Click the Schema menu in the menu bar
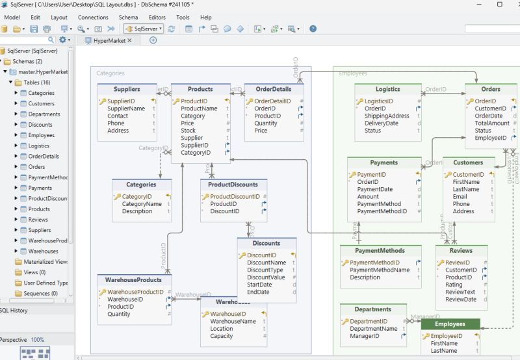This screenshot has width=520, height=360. [x=128, y=17]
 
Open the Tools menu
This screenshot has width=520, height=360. [x=183, y=17]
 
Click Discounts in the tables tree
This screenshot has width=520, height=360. [x=40, y=125]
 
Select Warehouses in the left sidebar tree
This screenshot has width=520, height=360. [x=43, y=251]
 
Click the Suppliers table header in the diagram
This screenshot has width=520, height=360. [x=127, y=89]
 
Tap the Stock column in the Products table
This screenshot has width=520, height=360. [x=188, y=131]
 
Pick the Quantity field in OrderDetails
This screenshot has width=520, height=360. [x=266, y=123]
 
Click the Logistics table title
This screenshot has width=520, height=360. [x=387, y=89]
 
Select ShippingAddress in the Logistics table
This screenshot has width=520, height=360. [x=387, y=116]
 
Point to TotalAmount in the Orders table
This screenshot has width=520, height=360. [x=492, y=123]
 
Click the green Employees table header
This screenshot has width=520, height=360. [x=450, y=324]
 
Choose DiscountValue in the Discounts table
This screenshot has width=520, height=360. [x=266, y=277]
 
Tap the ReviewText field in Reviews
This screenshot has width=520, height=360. [x=460, y=292]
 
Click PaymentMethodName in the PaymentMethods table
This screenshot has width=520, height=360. [x=380, y=270]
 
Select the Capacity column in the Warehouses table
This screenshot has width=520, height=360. [x=222, y=336]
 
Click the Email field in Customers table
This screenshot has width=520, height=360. [x=460, y=196]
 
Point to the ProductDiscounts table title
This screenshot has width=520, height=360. [x=233, y=185]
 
